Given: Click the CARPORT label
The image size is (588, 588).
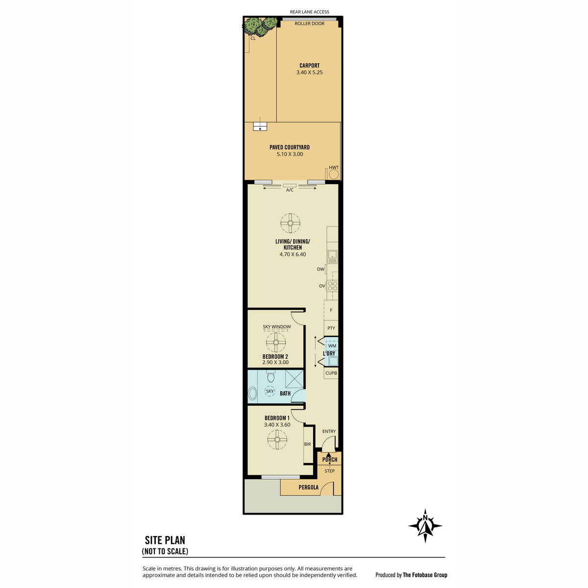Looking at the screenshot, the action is pyautogui.click(x=309, y=66).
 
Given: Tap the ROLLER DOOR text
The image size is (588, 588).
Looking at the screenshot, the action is pyautogui.click(x=309, y=24).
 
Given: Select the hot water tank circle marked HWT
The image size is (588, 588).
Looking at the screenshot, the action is pyautogui.click(x=334, y=174).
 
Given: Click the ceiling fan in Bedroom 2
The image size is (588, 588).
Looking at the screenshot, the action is pyautogui.click(x=276, y=343).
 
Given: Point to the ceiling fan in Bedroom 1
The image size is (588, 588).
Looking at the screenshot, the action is pyautogui.click(x=277, y=440).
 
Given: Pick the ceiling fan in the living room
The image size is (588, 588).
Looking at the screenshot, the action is pyautogui.click(x=290, y=223).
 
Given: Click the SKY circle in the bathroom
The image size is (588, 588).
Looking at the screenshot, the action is pyautogui.click(x=269, y=391).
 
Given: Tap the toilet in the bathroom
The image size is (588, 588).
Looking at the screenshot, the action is pyautogui.click(x=270, y=376).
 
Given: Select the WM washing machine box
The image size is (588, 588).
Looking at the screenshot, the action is pyautogui.click(x=332, y=345).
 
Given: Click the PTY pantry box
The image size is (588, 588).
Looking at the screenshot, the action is pyautogui.click(x=331, y=328).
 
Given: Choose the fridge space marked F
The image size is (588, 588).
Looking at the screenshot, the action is pyautogui.click(x=331, y=310).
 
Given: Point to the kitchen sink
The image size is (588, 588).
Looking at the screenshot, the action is pyautogui.click(x=332, y=257).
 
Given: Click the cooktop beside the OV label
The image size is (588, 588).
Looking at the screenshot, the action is pyautogui.click(x=333, y=286).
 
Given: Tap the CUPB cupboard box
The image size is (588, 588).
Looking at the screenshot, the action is pyautogui.click(x=331, y=373).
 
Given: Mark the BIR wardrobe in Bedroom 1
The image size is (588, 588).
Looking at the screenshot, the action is pyautogui.click(x=308, y=445).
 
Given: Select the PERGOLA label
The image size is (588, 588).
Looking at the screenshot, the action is pyautogui.click(x=308, y=487).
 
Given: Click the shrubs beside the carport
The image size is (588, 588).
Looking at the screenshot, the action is pyautogui.click(x=259, y=26).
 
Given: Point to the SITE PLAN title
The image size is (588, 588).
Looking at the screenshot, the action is pyautogui.click(x=165, y=540).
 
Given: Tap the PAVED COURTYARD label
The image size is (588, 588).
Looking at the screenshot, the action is pyautogui.click(x=290, y=147).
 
